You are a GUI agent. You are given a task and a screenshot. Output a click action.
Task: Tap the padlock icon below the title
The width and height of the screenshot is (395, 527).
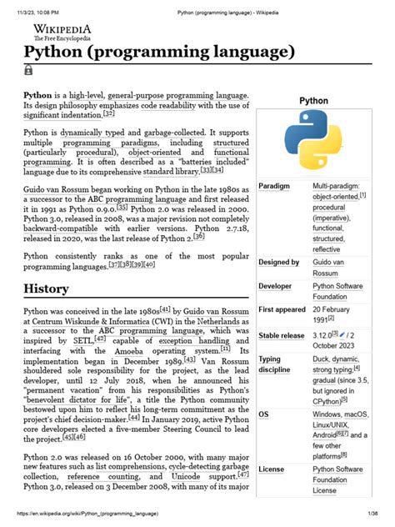pyautogui.click(x=30, y=73)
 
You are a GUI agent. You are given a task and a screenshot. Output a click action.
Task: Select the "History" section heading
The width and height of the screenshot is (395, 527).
pyautogui.click(x=52, y=289)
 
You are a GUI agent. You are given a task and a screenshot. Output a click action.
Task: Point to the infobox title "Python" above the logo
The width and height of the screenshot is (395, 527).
pyautogui.click(x=312, y=100)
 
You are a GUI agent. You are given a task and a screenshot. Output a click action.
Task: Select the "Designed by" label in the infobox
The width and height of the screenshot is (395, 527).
pyautogui.click(x=278, y=262)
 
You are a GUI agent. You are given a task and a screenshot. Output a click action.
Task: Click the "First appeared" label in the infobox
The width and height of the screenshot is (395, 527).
pyautogui.click(x=282, y=309)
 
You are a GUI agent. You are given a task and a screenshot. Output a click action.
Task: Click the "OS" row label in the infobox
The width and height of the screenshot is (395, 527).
pyautogui.click(x=264, y=414)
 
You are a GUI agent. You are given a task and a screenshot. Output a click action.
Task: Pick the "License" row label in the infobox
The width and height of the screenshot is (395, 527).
pyautogui.click(x=272, y=469)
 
